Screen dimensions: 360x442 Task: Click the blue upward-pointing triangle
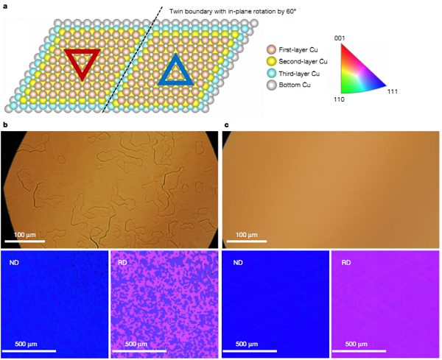(x=175, y=71)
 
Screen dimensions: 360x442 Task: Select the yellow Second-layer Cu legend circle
(x=270, y=62)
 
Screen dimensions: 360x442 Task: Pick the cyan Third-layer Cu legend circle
(x=270, y=74)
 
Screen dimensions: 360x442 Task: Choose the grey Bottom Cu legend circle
(x=270, y=86)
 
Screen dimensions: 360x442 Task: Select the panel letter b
(x=5, y=126)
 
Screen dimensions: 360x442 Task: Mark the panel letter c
(x=225, y=126)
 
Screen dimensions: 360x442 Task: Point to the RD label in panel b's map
(x=123, y=261)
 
